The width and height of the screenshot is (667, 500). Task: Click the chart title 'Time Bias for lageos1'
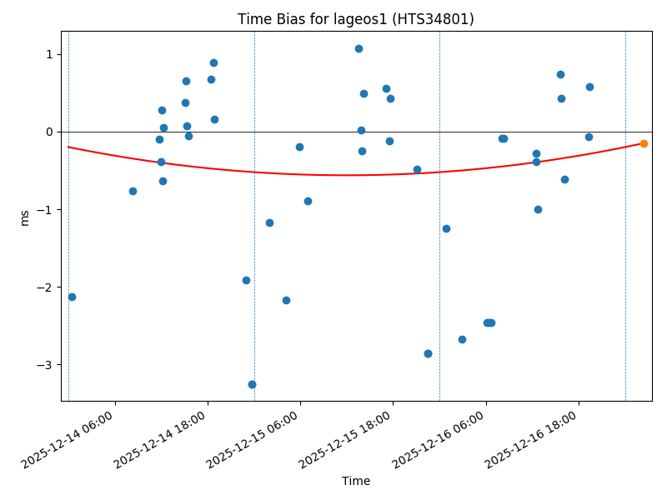(355, 19)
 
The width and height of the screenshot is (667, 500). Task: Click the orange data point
(644, 143)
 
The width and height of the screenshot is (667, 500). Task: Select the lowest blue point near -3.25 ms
(252, 384)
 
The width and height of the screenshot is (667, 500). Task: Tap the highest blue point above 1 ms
(359, 48)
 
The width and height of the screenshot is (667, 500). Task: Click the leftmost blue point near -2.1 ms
(72, 297)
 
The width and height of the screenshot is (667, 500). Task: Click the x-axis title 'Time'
(356, 481)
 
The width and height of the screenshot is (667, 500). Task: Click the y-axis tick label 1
(49, 54)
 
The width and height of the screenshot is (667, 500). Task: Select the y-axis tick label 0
(49, 132)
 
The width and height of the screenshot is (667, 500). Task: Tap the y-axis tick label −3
(46, 365)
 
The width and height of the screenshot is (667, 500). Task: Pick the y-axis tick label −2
(46, 287)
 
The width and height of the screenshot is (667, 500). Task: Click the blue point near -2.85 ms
(428, 353)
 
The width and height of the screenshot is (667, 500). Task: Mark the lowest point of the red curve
(346, 175)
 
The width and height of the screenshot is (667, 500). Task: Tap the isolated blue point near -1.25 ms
(446, 228)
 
